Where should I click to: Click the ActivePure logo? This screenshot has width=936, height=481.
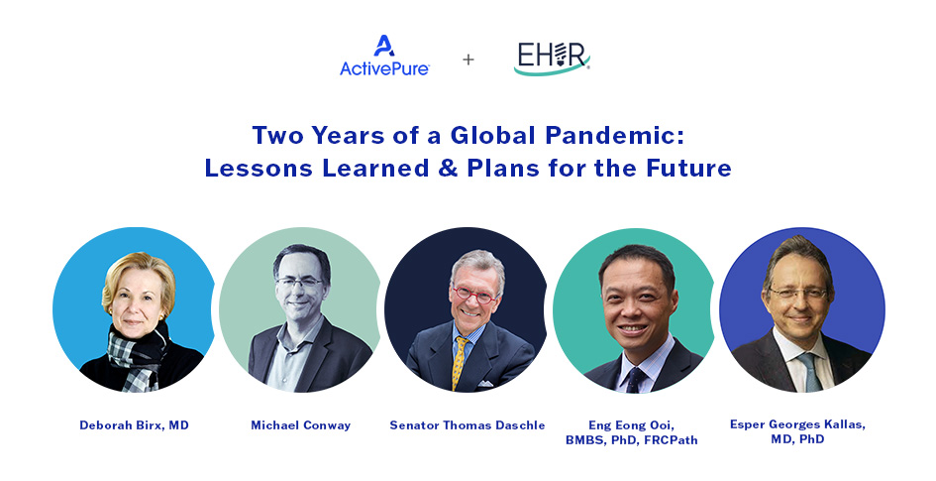point(384,56)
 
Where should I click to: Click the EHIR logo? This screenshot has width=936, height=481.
point(552,59)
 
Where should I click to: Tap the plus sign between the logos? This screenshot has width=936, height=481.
point(468,60)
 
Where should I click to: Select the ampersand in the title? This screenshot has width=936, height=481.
point(448,168)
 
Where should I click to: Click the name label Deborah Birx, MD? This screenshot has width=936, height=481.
point(135,425)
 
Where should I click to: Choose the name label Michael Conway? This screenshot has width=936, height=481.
point(301,425)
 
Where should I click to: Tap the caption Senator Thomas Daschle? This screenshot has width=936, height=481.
point(468,425)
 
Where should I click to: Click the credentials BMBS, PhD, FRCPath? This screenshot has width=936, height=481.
point(632,440)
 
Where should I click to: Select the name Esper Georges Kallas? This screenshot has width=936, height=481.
point(797,424)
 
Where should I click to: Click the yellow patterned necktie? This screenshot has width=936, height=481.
point(459,363)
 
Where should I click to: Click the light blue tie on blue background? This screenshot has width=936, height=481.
point(810,372)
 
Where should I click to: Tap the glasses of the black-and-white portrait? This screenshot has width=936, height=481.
point(299,282)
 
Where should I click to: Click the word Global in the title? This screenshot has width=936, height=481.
point(492,136)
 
